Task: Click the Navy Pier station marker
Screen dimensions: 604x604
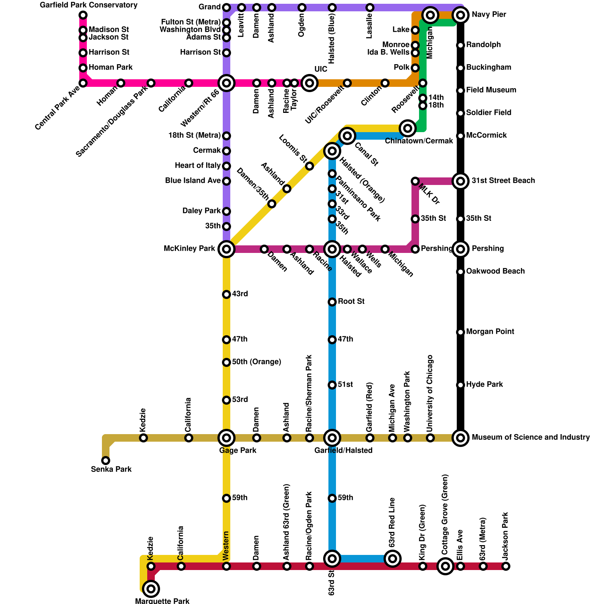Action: [x=461, y=15]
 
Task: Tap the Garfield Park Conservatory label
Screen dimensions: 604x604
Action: [x=89, y=5]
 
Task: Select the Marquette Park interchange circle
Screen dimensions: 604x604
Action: [x=151, y=589]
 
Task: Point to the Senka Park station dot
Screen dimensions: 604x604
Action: [x=106, y=461]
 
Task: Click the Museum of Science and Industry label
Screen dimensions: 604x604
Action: [x=531, y=438]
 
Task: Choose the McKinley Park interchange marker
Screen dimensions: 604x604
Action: [x=226, y=249]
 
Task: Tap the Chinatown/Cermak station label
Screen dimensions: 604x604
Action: [x=419, y=141]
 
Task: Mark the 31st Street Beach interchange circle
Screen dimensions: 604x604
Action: [x=461, y=181]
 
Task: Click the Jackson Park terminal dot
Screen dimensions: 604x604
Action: [x=506, y=566]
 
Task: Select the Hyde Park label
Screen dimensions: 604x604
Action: [x=485, y=385]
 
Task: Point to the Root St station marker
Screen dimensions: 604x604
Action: [x=332, y=302]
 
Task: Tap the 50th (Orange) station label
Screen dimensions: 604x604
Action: [x=257, y=362]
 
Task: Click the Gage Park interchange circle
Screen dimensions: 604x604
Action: [x=226, y=438]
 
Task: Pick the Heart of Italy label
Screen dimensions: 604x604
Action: [x=198, y=166]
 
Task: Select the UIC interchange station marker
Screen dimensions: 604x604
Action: [x=310, y=83]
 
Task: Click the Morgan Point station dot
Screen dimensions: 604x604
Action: [x=461, y=332]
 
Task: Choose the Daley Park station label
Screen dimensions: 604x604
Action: [x=202, y=211]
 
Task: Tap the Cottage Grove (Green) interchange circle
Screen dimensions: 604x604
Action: [x=445, y=566]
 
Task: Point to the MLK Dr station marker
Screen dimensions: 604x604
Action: [x=415, y=181]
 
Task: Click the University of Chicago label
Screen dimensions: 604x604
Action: [x=430, y=393]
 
